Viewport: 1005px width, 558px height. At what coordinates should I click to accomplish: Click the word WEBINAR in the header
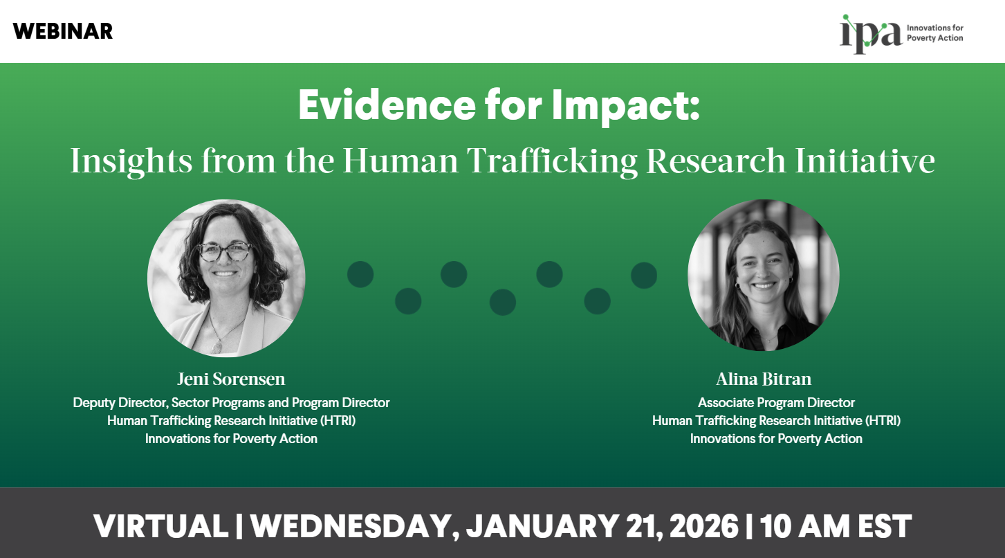[x=62, y=31]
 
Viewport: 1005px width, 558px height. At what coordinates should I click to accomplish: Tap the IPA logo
[x=900, y=33]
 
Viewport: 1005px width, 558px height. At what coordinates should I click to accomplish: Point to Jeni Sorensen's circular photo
[x=226, y=278]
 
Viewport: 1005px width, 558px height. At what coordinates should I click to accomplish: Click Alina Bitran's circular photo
[x=763, y=275]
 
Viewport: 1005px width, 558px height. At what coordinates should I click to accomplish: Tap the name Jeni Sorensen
[x=231, y=379]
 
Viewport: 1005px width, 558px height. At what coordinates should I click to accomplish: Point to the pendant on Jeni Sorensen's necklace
[x=216, y=346]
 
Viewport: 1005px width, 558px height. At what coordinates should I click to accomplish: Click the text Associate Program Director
[x=776, y=402]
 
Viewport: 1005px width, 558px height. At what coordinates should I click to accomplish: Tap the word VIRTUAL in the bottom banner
[x=160, y=527]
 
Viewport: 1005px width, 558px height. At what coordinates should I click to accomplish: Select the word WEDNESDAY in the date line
[x=351, y=527]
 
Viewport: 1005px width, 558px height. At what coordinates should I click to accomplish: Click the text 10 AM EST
[x=836, y=527]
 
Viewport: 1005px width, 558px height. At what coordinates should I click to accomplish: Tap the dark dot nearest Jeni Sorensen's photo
[x=360, y=275]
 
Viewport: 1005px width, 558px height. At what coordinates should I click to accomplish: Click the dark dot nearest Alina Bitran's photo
[x=644, y=275]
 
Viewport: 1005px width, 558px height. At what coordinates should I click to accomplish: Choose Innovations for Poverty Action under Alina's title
[x=776, y=438]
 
